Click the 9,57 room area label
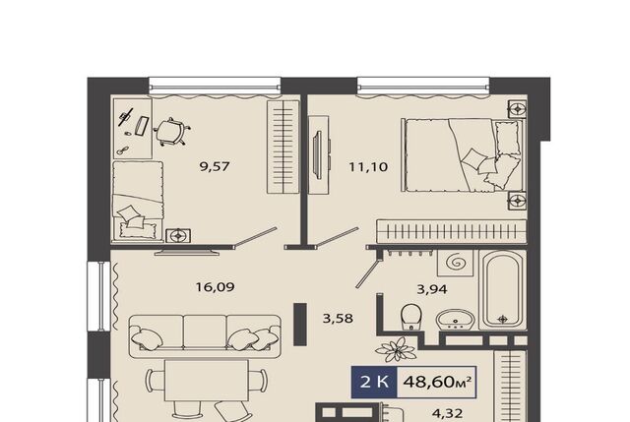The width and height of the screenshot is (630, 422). pyautogui.click(x=215, y=166)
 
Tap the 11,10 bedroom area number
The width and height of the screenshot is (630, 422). pyautogui.click(x=368, y=166)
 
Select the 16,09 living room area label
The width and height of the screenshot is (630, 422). pyautogui.click(x=215, y=287)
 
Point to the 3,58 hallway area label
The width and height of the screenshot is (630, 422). pyautogui.click(x=338, y=319)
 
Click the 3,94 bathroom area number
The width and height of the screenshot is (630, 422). pyautogui.click(x=432, y=288)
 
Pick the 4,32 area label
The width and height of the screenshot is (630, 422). pyautogui.click(x=448, y=413)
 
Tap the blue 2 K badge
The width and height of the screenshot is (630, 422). pyautogui.click(x=374, y=382)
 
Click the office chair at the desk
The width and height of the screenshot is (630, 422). pyautogui.click(x=170, y=131)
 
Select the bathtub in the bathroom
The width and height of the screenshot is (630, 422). pyautogui.click(x=503, y=290)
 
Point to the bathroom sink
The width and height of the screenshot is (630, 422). pyautogui.click(x=455, y=320)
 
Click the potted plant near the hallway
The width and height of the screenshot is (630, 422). pyautogui.click(x=397, y=349)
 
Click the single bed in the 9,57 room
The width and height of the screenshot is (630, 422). pyautogui.click(x=138, y=201)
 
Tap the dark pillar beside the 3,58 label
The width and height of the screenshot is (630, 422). pyautogui.click(x=300, y=324)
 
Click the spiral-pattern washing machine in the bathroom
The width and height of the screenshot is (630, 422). pyautogui.click(x=455, y=263)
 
